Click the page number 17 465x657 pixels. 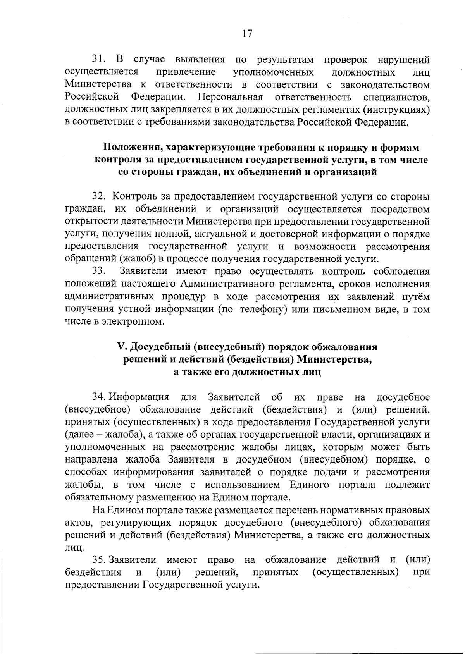pos(247,34)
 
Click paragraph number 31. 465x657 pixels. pos(99,60)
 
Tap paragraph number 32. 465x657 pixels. pos(99,197)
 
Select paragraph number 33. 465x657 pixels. pos(99,271)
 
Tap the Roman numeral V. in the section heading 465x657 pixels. pos(120,346)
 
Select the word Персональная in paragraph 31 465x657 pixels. pos(229,97)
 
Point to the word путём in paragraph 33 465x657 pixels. pos(417,297)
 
